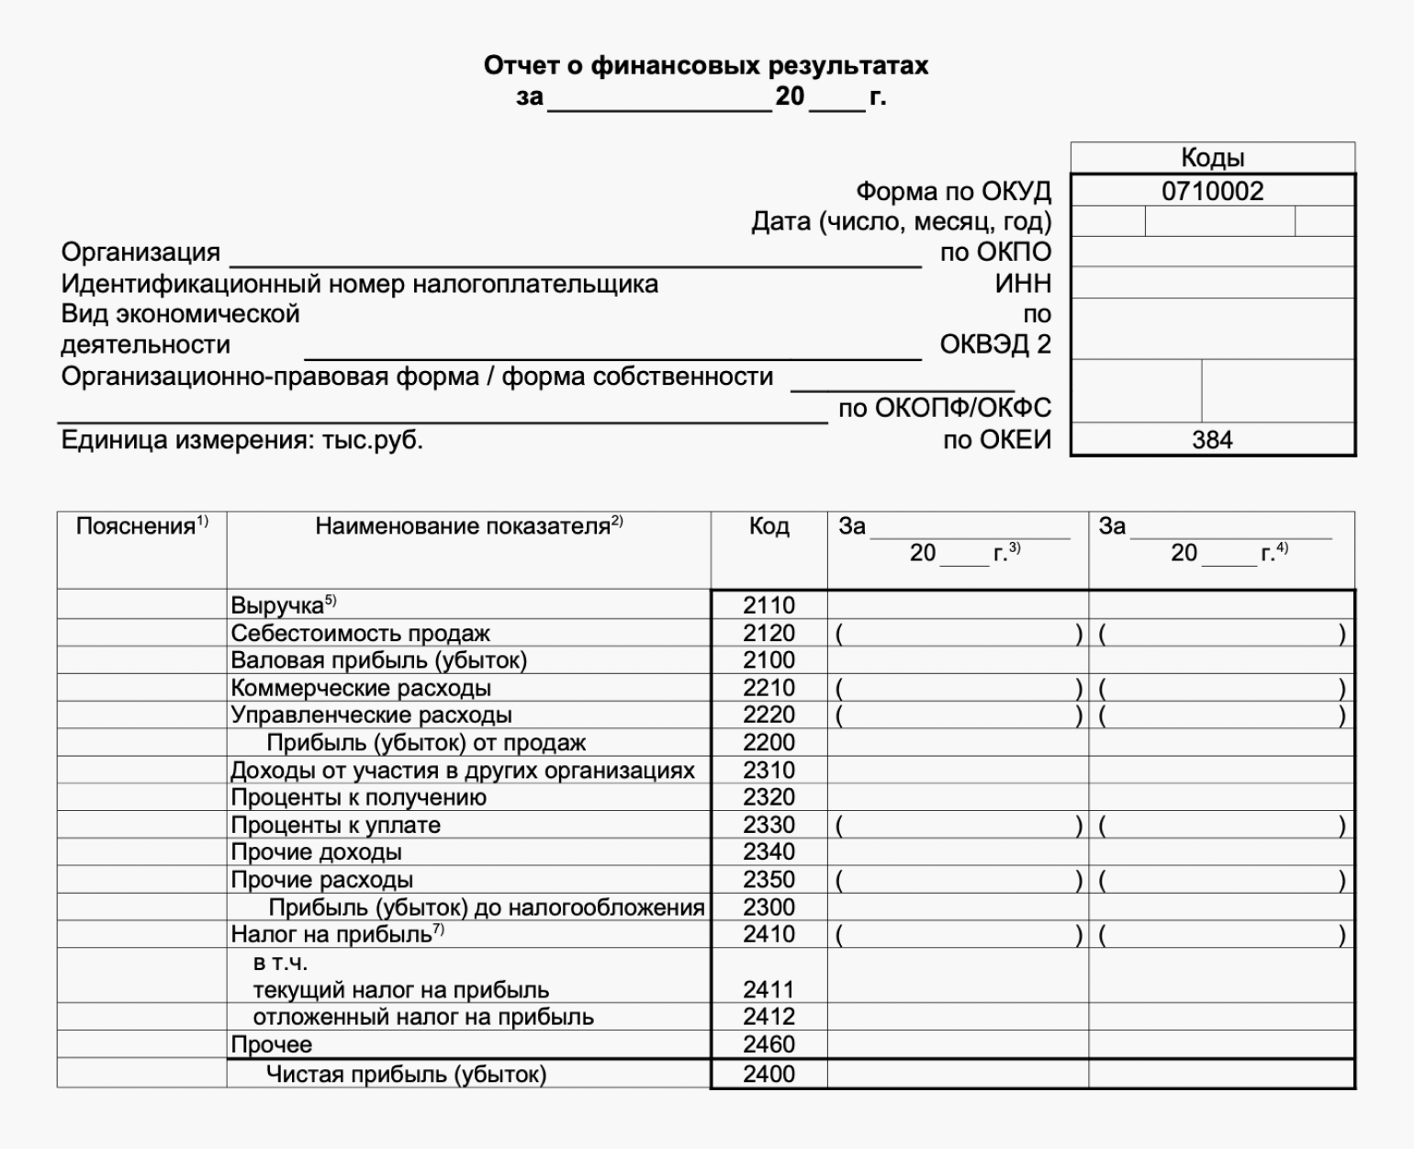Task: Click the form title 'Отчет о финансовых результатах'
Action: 705,66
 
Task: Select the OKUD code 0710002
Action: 1212,191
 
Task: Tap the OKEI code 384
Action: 1212,440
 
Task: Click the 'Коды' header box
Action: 1212,158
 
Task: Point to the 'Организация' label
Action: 140,253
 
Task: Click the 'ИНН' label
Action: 1023,284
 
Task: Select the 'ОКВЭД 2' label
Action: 995,345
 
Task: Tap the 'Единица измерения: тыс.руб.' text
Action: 241,440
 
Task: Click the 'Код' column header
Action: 769,526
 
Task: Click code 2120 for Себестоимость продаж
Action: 769,633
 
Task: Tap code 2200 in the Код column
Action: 769,742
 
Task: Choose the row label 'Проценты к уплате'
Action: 335,825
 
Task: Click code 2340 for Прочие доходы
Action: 769,852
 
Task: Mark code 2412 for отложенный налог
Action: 769,1017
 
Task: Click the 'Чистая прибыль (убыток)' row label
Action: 406,1074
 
